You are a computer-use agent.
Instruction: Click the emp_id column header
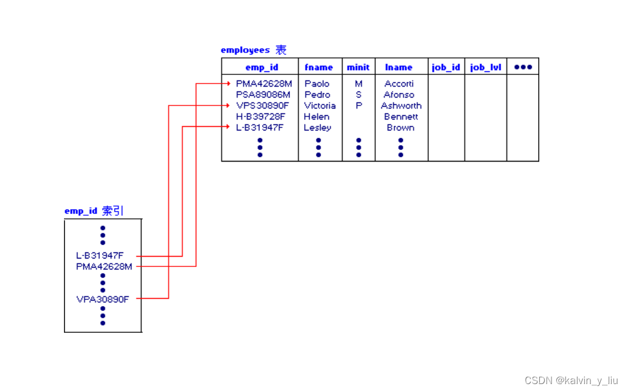261,67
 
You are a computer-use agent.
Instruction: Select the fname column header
319,67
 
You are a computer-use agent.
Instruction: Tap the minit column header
358,67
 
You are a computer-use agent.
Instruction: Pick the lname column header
399,67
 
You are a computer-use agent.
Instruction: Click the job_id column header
446,67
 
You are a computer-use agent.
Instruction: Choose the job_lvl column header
486,67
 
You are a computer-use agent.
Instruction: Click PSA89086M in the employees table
263,94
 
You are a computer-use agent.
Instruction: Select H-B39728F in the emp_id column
261,116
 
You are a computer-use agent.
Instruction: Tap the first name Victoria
320,105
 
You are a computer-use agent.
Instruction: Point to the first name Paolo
317,84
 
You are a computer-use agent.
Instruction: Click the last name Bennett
401,116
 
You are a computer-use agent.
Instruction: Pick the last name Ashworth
401,105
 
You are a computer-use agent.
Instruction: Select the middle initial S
358,94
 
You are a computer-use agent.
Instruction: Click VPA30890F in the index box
102,299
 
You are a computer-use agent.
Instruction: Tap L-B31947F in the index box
99,255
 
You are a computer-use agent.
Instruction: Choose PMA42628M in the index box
104,266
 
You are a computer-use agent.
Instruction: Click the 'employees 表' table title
253,50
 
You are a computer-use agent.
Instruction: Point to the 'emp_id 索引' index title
94,211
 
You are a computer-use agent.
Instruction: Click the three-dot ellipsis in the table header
523,67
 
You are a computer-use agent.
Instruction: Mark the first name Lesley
317,127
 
